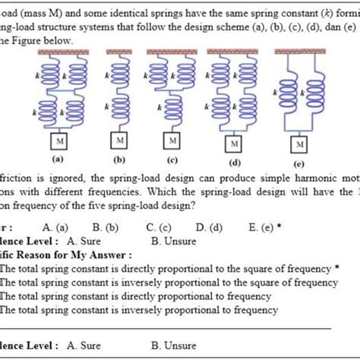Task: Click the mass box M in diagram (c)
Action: [175, 141]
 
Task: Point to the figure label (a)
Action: [58, 160]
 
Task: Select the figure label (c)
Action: [174, 160]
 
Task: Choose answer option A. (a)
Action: [56, 226]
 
